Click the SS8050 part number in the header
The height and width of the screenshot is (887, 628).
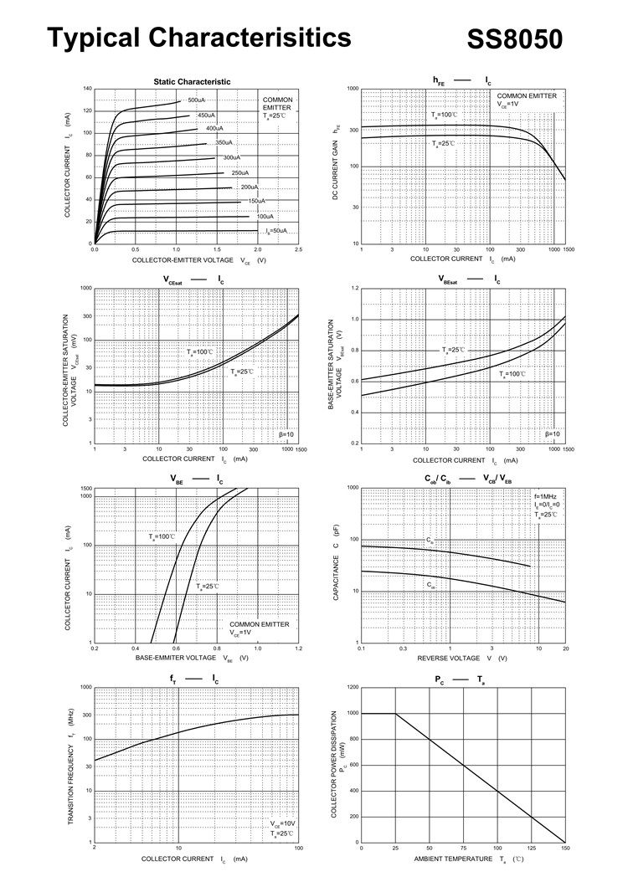point(514,39)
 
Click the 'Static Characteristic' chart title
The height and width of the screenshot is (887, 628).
point(192,81)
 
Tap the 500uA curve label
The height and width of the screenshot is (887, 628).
point(197,100)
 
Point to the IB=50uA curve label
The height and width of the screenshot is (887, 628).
point(276,230)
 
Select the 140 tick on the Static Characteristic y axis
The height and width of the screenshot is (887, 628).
point(88,88)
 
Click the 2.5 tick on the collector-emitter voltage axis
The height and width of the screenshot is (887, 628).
point(298,250)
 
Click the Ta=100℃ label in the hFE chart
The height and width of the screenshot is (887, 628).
point(445,115)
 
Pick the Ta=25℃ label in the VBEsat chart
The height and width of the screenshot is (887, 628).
point(453,350)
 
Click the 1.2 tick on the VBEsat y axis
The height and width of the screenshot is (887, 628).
point(354,288)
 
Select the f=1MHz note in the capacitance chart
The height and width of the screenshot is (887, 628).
point(545,497)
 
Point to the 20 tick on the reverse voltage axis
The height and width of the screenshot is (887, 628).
point(565,649)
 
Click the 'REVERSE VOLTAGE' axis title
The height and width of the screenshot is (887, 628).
point(449,659)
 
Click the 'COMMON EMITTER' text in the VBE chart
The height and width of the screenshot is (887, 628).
point(260,624)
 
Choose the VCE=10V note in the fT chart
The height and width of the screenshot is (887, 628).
point(282,824)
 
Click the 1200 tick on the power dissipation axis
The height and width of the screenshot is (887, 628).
point(353,687)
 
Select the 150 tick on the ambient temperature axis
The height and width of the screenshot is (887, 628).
point(565,849)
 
